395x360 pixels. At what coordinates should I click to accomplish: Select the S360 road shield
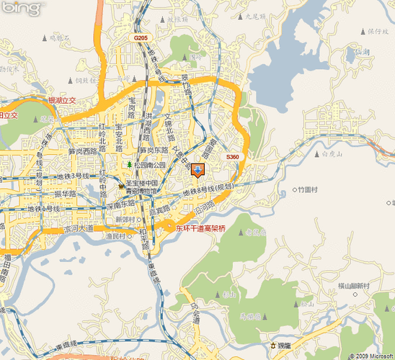[x=232, y=156]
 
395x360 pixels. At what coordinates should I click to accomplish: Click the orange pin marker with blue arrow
[x=198, y=170]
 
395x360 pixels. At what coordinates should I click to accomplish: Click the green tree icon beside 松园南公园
[x=130, y=166]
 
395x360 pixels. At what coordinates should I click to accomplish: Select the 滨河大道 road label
[x=79, y=228]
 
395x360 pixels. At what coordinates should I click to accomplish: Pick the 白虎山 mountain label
[x=332, y=153]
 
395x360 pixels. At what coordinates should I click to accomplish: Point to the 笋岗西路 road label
[x=81, y=152]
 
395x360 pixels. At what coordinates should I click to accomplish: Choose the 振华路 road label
[x=64, y=194]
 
